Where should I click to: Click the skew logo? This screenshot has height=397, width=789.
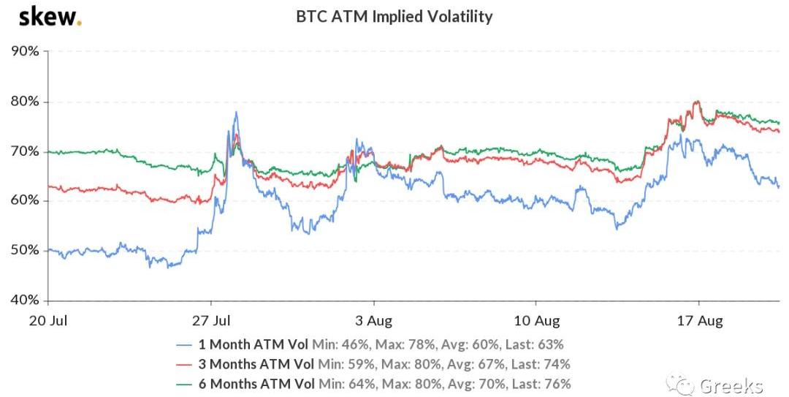pyautogui.click(x=50, y=16)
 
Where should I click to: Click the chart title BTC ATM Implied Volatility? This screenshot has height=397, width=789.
pyautogui.click(x=394, y=16)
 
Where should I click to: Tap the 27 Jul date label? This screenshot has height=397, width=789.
pyautogui.click(x=212, y=321)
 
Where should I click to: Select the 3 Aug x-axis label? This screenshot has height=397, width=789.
pyautogui.click(x=374, y=321)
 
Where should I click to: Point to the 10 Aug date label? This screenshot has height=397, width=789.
pyautogui.click(x=536, y=321)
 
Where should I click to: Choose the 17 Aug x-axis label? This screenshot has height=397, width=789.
pyautogui.click(x=699, y=321)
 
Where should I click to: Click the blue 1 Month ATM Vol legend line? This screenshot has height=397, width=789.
pyautogui.click(x=186, y=344)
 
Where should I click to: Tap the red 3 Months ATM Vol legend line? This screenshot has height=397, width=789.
pyautogui.click(x=186, y=364)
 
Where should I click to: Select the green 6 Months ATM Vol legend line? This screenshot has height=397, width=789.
pyautogui.click(x=186, y=384)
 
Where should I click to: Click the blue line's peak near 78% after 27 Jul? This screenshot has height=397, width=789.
pyautogui.click(x=236, y=113)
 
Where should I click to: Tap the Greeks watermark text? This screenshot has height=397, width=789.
pyautogui.click(x=731, y=385)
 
